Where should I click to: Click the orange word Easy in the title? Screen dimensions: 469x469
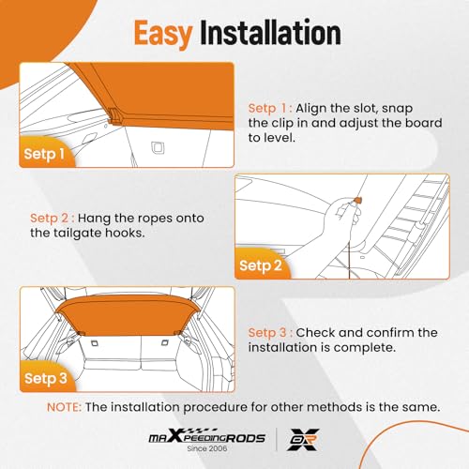pyautogui.click(x=162, y=34)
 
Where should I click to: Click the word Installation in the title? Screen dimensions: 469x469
pyautogui.click(x=270, y=32)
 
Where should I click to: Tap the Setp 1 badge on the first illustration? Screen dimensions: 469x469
pyautogui.click(x=44, y=154)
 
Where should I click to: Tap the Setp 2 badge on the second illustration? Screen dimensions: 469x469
pyautogui.click(x=261, y=265)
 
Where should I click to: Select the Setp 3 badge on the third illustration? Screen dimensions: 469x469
pyautogui.click(x=46, y=378)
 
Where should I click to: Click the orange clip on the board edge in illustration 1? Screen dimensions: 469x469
pyautogui.click(x=114, y=116)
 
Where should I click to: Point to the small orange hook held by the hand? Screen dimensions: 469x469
pyautogui.click(x=357, y=199)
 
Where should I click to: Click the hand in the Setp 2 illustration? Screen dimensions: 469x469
pyautogui.click(x=342, y=216)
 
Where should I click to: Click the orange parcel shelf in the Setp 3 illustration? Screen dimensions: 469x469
pyautogui.click(x=127, y=315)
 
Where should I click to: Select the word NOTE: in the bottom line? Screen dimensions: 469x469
pyautogui.click(x=64, y=407)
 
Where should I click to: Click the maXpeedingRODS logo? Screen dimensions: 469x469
pyautogui.click(x=206, y=436)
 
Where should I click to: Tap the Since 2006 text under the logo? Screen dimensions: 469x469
pyautogui.click(x=207, y=448)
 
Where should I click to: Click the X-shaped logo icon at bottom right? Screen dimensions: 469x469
pyautogui.click(x=303, y=439)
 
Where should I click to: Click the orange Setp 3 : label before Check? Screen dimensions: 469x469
pyautogui.click(x=270, y=333)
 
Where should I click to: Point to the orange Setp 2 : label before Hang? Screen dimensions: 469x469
pyautogui.click(x=53, y=219)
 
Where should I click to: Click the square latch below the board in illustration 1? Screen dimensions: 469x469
pyautogui.click(x=158, y=147)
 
